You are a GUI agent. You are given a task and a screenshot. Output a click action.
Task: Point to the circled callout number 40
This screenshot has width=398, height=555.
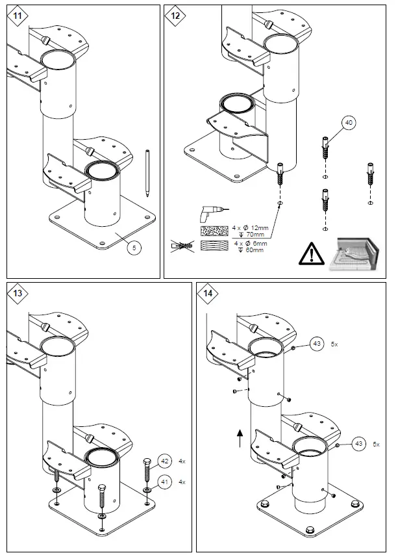click(349, 122)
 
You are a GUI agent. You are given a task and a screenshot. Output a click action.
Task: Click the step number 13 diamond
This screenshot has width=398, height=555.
click(18, 293)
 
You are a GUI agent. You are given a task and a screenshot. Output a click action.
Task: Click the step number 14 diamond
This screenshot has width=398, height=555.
click(208, 293)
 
